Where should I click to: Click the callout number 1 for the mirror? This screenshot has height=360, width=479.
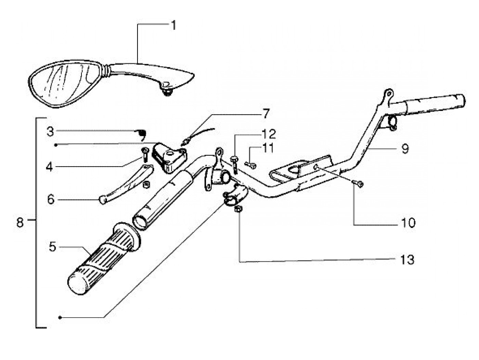click(173, 25)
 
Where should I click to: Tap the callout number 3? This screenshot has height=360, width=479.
click(50, 131)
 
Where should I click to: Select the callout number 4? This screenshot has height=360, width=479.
click(50, 167)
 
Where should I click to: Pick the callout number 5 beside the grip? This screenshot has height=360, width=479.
click(52, 247)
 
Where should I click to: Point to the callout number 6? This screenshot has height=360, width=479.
click(51, 200)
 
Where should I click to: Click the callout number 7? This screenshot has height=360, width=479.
click(266, 113)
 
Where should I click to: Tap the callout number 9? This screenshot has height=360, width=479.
click(405, 149)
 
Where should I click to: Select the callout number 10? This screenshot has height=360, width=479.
click(407, 223)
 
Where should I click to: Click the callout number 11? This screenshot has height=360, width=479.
click(269, 148)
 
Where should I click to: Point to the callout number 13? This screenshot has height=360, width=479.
click(407, 260)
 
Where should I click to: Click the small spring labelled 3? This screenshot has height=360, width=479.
click(142, 133)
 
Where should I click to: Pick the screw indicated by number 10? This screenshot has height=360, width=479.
click(359, 184)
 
